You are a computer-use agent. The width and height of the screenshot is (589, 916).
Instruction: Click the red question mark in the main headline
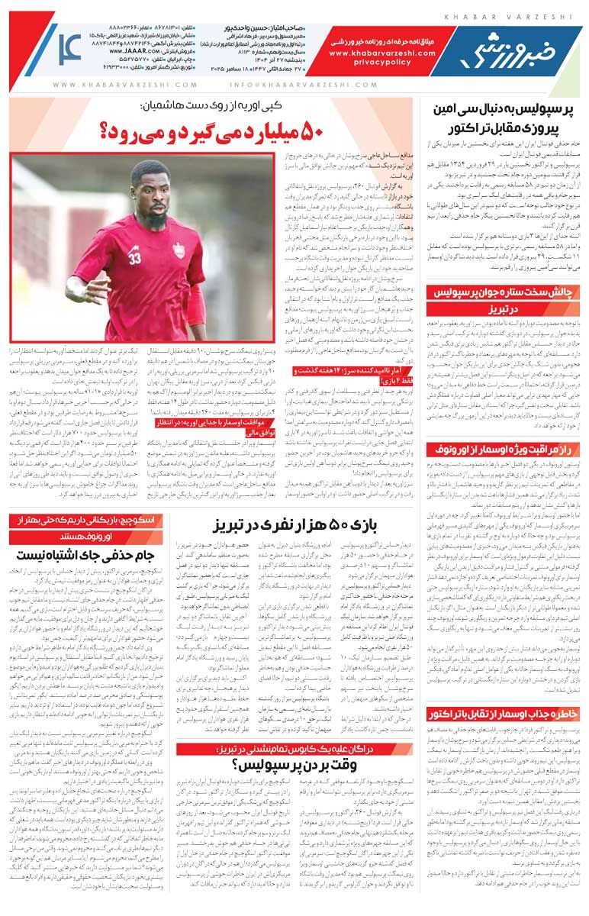pyautogui.click(x=110, y=131)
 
